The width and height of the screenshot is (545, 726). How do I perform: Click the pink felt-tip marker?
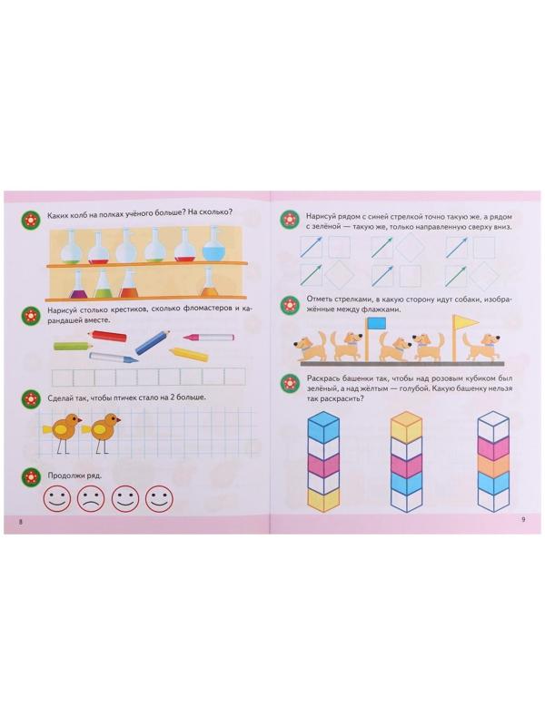208,337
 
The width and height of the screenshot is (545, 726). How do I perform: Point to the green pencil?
74,346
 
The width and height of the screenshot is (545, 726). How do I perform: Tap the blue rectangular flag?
376,323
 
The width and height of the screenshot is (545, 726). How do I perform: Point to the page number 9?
523,519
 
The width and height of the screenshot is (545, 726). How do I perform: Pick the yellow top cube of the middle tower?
405,425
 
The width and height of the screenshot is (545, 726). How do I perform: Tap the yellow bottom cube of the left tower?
323,499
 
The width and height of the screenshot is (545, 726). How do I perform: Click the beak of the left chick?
80,420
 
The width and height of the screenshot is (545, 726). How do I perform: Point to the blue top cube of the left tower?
323,427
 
